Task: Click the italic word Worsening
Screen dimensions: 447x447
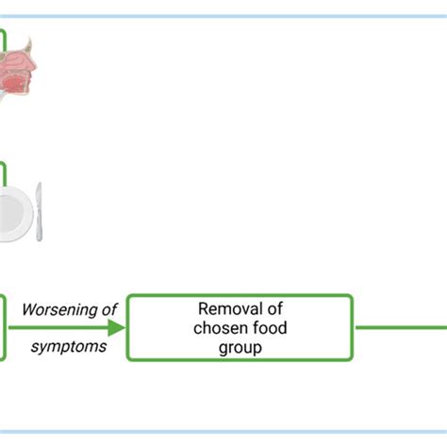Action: [x=59, y=310]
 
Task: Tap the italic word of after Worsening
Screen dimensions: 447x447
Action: [x=109, y=309]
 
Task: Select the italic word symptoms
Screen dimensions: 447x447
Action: [x=69, y=347]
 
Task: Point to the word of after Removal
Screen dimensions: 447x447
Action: [x=275, y=308]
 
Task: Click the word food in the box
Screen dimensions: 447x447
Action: [x=270, y=328]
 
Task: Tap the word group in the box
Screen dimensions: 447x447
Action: [x=240, y=348]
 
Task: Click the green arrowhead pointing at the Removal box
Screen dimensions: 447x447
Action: [x=116, y=327]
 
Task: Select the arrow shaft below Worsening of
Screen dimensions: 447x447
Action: [x=58, y=327]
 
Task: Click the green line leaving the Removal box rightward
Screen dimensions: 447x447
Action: [x=402, y=327]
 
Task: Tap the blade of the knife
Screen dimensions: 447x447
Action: [x=39, y=197]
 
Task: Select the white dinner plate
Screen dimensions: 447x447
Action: [x=14, y=214]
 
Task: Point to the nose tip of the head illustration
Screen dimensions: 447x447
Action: [x=35, y=66]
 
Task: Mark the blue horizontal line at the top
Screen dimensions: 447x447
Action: [x=223, y=16]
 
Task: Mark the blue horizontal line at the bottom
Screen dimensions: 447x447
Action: [x=223, y=432]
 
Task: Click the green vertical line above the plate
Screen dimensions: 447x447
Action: [x=5, y=174]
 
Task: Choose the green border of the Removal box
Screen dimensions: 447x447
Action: [x=240, y=295]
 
